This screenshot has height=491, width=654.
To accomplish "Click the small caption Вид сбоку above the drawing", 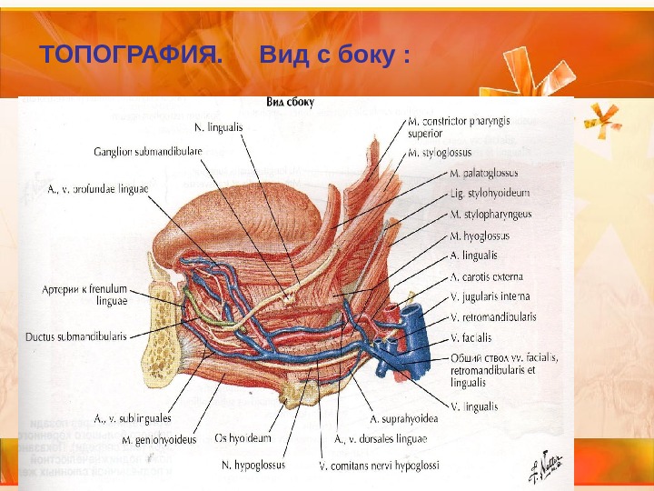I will click(x=290, y=103).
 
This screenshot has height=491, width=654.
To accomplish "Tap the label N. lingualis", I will click(x=219, y=127).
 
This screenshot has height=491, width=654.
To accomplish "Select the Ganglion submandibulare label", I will click(x=147, y=150).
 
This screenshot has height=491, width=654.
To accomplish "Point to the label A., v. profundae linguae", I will click(x=97, y=190).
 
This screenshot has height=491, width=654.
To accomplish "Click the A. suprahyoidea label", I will click(x=411, y=419).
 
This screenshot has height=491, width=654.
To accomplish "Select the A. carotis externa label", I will click(x=486, y=276).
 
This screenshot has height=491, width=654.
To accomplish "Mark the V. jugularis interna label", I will click(x=490, y=296).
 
